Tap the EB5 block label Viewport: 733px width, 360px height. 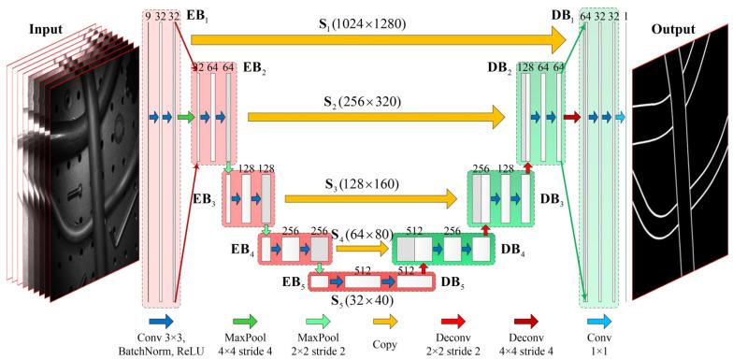pos(294,280)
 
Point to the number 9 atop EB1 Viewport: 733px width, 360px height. pos(148,16)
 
